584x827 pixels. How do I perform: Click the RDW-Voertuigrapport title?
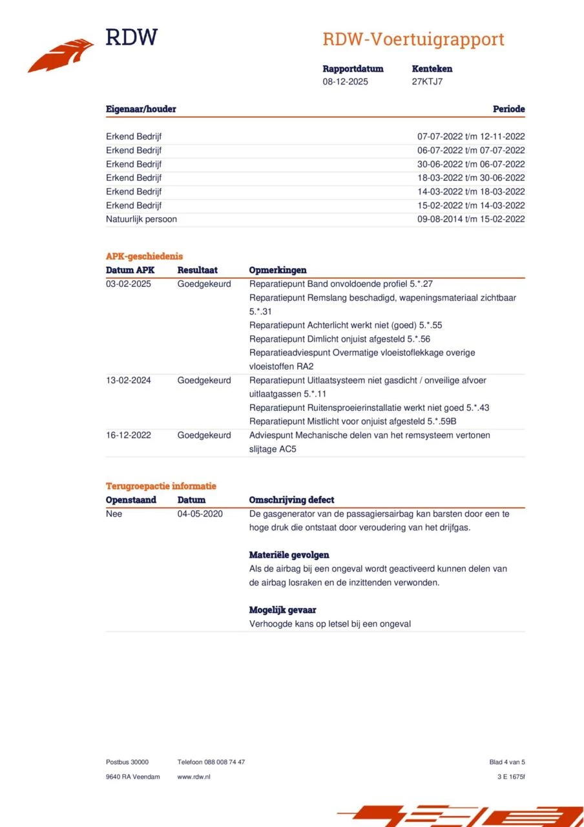tap(413, 39)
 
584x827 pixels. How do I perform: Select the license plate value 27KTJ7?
tap(427, 81)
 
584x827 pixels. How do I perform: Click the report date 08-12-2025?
tap(345, 81)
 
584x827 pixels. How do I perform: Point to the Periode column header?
tap(508, 109)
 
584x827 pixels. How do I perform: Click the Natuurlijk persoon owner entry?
tap(141, 219)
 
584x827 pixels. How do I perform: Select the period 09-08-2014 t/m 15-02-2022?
tap(471, 219)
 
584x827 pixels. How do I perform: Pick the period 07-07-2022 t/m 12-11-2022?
tap(471, 136)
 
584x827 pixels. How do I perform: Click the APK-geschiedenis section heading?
tap(144, 256)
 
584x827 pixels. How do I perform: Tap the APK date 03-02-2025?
tap(129, 284)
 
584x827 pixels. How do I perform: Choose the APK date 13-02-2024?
tap(129, 380)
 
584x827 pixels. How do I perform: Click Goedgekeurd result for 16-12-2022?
tap(204, 435)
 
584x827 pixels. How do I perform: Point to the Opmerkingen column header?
tap(278, 270)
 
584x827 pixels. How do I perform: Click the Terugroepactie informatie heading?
tap(161, 486)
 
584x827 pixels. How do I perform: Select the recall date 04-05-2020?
tap(200, 514)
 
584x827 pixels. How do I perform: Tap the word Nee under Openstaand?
tap(114, 514)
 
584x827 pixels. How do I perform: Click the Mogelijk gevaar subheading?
tap(282, 610)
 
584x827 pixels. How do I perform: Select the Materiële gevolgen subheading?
tap(289, 555)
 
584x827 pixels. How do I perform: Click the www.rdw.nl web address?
tap(194, 777)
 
